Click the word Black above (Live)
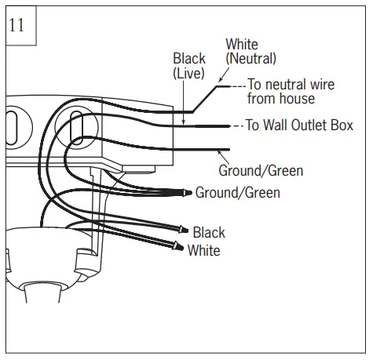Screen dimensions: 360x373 189,59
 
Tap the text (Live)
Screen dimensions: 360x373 188,73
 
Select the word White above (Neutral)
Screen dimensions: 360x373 242,44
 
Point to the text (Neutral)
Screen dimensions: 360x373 250,58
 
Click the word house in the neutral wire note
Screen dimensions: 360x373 298,99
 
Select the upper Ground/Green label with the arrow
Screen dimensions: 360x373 260,170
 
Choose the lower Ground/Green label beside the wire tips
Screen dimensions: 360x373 237,192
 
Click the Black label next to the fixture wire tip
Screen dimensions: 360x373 208,232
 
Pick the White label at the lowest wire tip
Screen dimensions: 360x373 203,251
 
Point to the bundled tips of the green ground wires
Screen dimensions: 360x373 187,191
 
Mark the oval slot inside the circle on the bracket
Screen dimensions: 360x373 77,126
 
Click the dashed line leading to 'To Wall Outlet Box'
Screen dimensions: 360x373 236,126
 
